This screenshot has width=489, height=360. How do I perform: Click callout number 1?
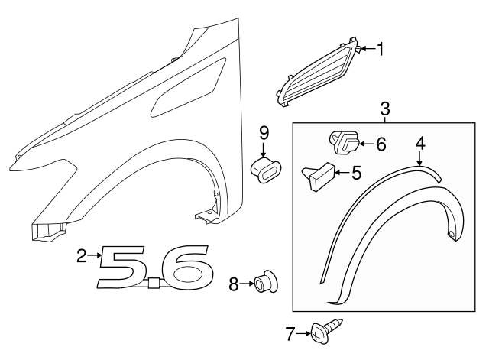click(380, 50)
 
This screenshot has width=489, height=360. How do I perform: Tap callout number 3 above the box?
click(385, 108)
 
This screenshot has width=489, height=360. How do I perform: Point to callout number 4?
click(419, 143)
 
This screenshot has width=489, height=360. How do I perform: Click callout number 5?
click(355, 174)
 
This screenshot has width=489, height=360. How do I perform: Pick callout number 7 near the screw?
click(290, 333)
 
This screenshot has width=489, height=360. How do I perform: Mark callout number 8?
click(235, 285)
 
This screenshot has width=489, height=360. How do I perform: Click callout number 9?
click(264, 131)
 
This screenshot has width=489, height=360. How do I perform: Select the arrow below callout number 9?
click(264, 148)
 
